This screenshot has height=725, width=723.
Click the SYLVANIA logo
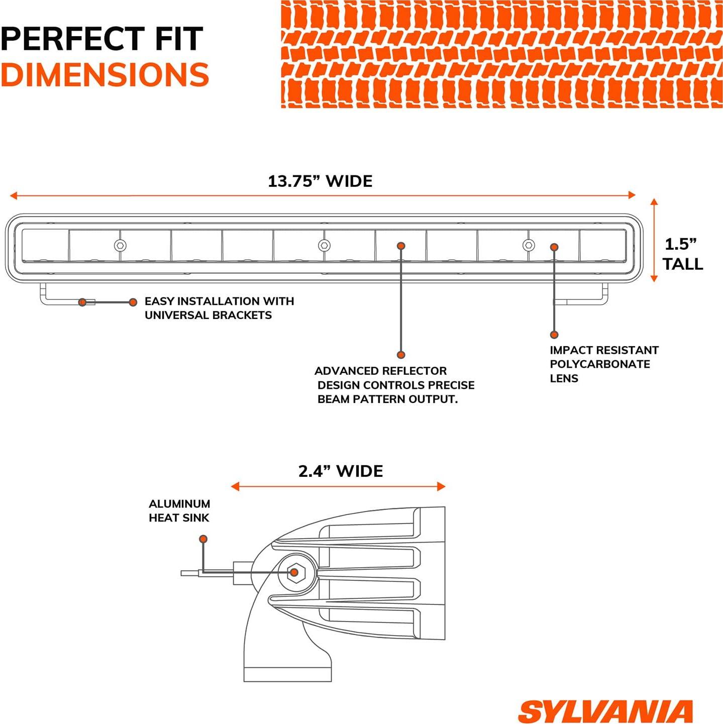point(605,711)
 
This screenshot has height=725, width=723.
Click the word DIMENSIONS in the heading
point(105,75)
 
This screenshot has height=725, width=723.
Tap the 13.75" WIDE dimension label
point(320,181)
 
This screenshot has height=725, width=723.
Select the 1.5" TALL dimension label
point(682,254)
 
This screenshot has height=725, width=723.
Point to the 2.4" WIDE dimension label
point(341,471)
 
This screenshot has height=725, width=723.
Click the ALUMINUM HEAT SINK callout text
point(179,510)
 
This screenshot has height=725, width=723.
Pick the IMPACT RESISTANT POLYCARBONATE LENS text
point(603,364)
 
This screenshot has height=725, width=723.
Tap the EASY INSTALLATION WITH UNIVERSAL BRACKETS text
point(219,308)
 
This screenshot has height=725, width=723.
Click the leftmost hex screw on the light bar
point(120,246)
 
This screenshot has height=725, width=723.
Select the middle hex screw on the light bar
point(324,246)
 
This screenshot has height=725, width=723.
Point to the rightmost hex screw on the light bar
point(528,246)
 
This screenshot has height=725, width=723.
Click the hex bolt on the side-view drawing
point(294,572)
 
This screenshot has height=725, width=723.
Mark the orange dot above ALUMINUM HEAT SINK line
point(203,539)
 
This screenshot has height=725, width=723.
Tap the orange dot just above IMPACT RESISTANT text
point(554,335)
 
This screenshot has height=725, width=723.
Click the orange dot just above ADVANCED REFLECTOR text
point(401,355)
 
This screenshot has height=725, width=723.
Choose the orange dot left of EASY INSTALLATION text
point(133,302)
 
